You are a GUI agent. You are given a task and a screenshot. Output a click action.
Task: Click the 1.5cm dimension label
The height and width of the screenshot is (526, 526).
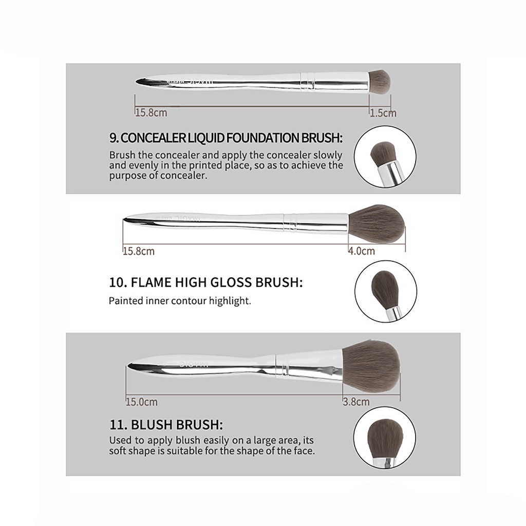(x=383, y=113)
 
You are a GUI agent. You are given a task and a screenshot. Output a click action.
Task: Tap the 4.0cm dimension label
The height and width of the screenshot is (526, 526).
(x=361, y=251)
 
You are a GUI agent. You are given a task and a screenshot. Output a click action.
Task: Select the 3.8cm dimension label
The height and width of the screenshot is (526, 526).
(x=356, y=402)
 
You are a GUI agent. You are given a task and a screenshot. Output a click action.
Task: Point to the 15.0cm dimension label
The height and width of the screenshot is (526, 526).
(x=142, y=402)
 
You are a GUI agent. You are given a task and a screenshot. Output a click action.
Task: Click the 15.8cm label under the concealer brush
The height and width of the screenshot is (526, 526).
(x=151, y=112)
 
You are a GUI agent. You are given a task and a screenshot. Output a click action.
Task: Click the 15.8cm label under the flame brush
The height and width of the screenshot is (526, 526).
(x=139, y=251)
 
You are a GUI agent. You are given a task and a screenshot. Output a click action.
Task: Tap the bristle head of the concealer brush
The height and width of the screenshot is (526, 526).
(x=380, y=82)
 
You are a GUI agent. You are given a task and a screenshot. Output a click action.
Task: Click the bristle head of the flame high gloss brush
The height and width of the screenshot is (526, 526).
(x=377, y=223)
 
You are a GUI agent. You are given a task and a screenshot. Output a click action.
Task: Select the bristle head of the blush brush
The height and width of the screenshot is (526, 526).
(x=371, y=366)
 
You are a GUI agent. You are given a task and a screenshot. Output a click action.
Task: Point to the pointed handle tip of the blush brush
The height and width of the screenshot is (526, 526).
(x=128, y=365)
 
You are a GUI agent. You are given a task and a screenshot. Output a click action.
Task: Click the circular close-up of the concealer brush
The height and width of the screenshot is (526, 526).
(x=385, y=157)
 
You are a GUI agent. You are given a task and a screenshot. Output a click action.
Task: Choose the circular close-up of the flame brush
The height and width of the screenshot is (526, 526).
(x=386, y=291)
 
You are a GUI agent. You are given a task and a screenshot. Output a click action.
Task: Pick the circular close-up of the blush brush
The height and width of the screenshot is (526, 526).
(x=384, y=438)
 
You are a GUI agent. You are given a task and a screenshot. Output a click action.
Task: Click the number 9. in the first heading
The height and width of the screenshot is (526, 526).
(x=114, y=138)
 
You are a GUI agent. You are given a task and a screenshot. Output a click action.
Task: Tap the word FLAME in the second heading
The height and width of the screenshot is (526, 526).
(x=151, y=283)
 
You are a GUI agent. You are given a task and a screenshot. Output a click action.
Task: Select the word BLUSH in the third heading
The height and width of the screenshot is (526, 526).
(x=152, y=425)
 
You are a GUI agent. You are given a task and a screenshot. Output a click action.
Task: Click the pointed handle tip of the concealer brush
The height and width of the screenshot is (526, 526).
(x=137, y=81)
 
